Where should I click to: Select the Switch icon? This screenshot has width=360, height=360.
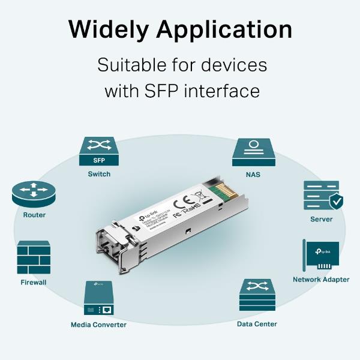(x=99, y=152)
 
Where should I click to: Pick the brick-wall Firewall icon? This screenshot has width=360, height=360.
(x=34, y=258)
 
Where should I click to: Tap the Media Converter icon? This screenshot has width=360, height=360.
(x=99, y=299)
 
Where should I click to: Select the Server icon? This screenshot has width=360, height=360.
(x=321, y=196)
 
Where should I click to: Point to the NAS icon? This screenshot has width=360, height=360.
(x=253, y=152)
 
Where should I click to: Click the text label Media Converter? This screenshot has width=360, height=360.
(x=99, y=325)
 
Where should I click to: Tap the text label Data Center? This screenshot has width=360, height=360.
(x=257, y=324)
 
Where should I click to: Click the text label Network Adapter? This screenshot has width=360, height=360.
(x=321, y=280)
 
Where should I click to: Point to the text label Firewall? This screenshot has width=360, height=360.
(x=33, y=282)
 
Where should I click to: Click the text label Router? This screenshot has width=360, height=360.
(x=34, y=215)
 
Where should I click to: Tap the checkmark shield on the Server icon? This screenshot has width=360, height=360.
(x=337, y=202)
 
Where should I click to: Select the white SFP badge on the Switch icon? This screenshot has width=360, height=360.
(x=99, y=161)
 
